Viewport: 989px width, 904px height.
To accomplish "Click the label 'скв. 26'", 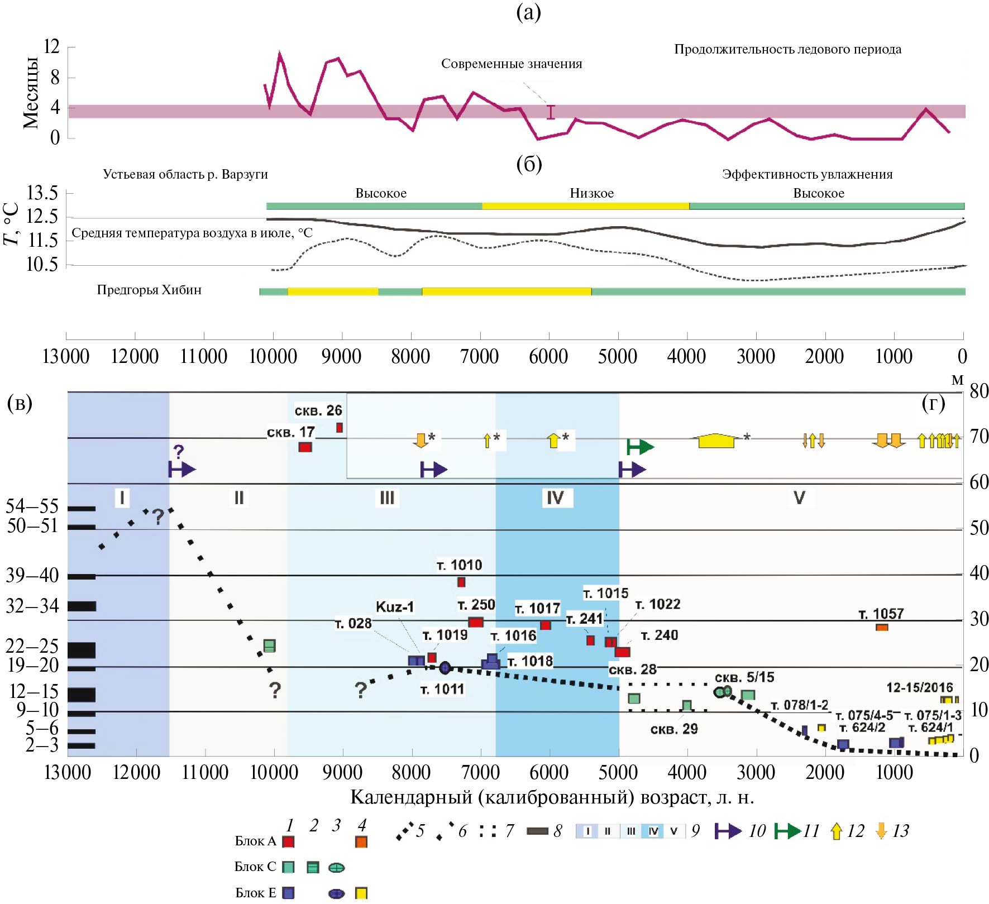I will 318,411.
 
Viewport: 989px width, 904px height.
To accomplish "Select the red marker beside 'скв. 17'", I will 305,447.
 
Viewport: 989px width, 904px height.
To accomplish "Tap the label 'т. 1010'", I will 459,565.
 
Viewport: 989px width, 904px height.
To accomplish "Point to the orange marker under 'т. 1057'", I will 882,628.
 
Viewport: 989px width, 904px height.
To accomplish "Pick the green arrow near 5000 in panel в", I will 640,447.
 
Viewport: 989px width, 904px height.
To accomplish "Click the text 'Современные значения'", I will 511,64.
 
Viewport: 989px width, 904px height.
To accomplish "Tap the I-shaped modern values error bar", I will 551,112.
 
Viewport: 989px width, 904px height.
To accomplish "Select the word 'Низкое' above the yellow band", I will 591,194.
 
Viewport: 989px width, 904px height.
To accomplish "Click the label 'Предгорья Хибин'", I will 149,290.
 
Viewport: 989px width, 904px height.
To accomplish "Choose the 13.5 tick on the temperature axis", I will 42,193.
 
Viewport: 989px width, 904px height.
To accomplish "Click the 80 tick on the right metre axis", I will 979,391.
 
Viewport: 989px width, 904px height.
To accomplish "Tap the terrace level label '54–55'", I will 32,506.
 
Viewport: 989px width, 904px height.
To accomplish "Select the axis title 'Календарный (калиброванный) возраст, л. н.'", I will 552,797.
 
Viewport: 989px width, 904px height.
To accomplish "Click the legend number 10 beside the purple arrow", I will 757,831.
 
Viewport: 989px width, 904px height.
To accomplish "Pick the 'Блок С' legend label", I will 255,867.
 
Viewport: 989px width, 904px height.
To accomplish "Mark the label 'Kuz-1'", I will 394,607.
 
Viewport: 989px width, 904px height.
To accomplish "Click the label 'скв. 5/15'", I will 744,677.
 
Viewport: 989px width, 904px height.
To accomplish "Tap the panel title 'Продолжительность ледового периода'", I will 787,49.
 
